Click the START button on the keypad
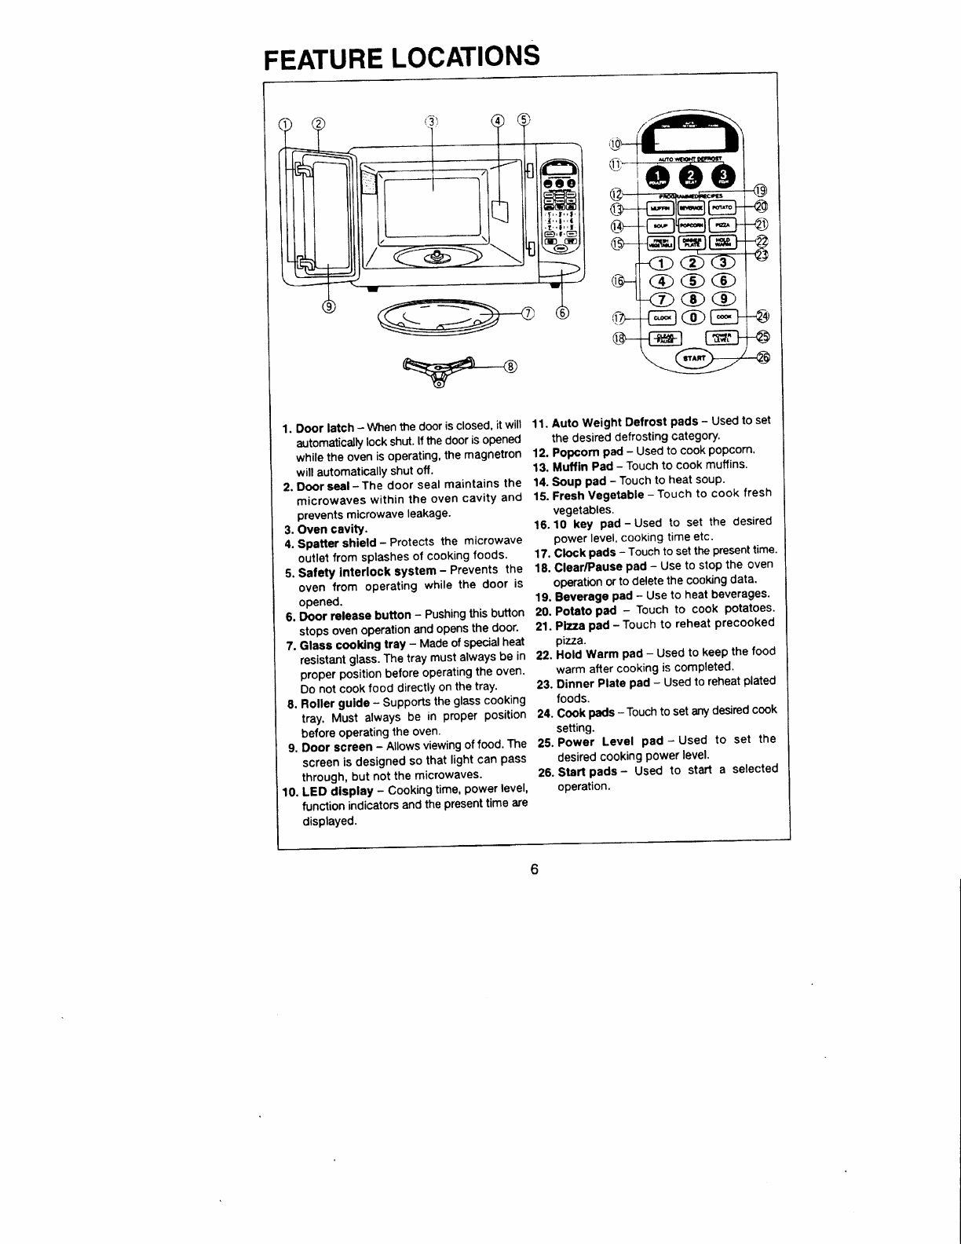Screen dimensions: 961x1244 click(693, 359)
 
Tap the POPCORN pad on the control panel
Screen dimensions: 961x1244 click(690, 225)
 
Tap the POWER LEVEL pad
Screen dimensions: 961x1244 click(721, 338)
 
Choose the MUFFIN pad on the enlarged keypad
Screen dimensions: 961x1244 click(660, 207)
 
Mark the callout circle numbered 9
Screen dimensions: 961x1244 click(328, 306)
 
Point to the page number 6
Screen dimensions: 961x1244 click(533, 869)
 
